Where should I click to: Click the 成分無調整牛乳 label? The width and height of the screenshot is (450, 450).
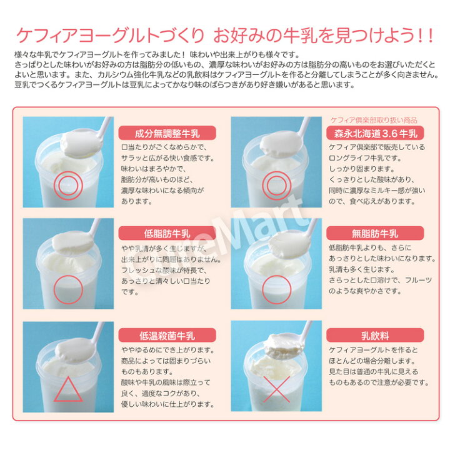[167, 133]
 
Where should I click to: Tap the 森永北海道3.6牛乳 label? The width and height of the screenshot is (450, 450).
[376, 133]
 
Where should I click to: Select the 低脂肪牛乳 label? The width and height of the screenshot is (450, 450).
[167, 234]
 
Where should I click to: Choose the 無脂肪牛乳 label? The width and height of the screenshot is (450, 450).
[376, 234]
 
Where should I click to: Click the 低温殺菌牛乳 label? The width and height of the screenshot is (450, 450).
[167, 335]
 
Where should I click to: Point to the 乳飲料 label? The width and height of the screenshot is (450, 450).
[376, 335]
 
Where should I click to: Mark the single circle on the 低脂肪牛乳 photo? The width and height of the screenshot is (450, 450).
[67, 289]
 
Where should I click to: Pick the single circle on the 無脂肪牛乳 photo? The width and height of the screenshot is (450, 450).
[275, 289]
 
